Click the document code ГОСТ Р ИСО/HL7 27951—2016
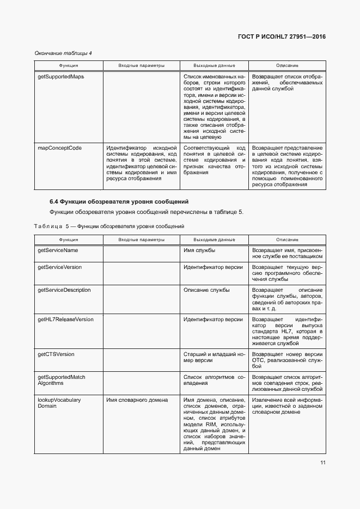click(282, 36)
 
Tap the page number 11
click(322, 463)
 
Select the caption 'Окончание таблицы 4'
click(63, 53)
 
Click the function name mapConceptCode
click(59, 148)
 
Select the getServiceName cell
click(58, 250)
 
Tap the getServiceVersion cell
click(59, 268)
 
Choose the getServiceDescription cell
click(64, 290)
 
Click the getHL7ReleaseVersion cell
click(65, 320)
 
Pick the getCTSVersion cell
click(56, 354)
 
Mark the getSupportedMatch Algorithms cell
click(62, 380)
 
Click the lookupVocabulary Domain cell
click(59, 403)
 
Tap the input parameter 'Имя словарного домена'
click(136, 400)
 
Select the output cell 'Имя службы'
click(199, 250)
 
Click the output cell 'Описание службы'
click(206, 290)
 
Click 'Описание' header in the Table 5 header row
click(287, 240)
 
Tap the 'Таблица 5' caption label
click(52, 226)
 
